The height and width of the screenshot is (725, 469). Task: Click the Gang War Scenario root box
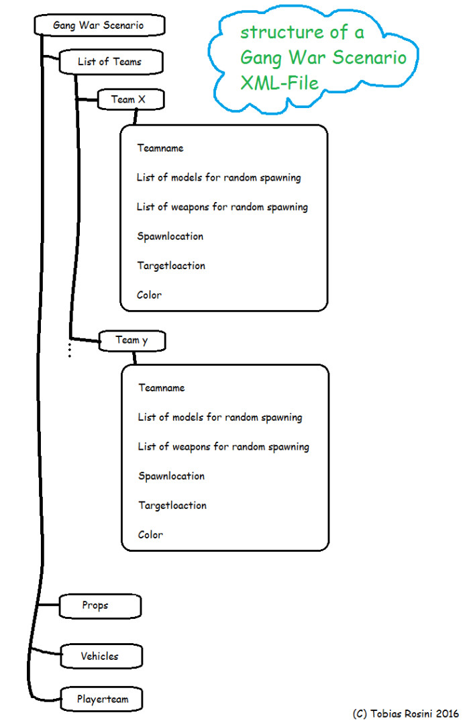(99, 25)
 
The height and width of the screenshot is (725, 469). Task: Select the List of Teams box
(111, 62)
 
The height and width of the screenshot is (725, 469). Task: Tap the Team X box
(131, 99)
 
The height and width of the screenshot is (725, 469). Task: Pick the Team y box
(132, 341)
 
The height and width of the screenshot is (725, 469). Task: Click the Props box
(100, 606)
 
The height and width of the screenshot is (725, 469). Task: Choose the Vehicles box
(101, 656)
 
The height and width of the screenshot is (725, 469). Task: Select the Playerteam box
(102, 699)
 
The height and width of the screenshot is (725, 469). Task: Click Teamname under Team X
(160, 148)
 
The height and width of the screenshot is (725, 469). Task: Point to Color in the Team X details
(149, 295)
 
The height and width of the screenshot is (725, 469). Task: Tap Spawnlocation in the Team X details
(170, 236)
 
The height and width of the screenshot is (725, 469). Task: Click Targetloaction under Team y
(172, 505)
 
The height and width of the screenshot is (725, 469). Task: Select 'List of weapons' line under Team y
(223, 446)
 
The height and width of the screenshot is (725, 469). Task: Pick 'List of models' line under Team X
(219, 177)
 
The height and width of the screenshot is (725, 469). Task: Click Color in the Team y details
(151, 535)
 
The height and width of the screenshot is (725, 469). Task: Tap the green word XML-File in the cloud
(280, 83)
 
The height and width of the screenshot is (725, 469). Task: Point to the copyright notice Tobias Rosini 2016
(406, 714)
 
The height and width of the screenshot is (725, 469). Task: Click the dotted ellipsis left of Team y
(69, 350)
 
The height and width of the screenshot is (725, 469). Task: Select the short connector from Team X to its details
(136, 117)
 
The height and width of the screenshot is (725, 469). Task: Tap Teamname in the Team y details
(162, 387)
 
